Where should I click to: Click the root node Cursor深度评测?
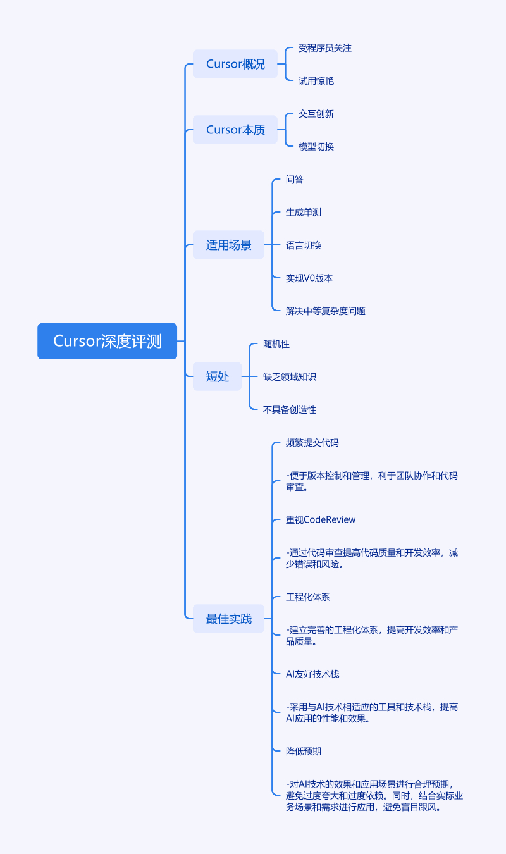click(x=107, y=342)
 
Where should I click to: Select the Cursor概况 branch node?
click(x=235, y=64)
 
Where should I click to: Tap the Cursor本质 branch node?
click(x=235, y=130)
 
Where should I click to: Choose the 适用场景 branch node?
click(x=228, y=245)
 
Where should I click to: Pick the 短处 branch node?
click(x=217, y=376)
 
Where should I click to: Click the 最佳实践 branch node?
click(x=228, y=619)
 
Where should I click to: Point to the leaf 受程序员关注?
click(x=324, y=48)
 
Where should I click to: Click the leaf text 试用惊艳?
click(x=316, y=81)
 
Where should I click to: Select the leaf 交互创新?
click(x=316, y=114)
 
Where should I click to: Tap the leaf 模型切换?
click(x=316, y=147)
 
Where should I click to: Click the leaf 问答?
click(x=294, y=180)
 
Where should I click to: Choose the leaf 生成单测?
click(x=303, y=213)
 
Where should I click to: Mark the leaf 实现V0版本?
click(x=309, y=278)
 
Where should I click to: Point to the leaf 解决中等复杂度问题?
click(x=325, y=311)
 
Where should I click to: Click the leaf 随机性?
click(x=276, y=344)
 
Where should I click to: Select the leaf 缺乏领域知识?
click(x=289, y=377)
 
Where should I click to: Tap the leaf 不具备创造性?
click(x=289, y=410)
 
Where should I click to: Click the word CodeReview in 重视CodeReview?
click(x=330, y=520)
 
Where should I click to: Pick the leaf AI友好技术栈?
click(x=312, y=674)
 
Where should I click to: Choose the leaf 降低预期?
click(x=303, y=752)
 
